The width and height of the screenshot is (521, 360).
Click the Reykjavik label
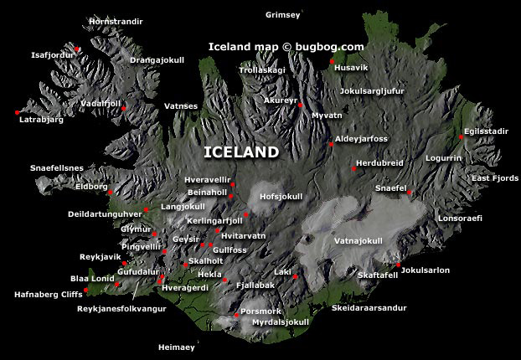click(x=100, y=255)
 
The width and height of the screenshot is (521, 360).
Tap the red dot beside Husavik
click(x=333, y=61)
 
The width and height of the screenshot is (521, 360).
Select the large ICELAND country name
click(x=241, y=152)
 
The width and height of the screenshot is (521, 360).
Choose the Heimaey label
click(x=181, y=346)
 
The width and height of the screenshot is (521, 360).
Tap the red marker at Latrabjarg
click(x=17, y=112)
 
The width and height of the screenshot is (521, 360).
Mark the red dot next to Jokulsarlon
click(x=399, y=265)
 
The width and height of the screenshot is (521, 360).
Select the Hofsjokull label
click(x=281, y=197)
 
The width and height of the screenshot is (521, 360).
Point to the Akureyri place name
click(x=281, y=100)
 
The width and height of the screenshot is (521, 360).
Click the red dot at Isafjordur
click(x=78, y=49)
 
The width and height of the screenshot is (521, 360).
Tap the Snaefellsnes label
click(x=57, y=167)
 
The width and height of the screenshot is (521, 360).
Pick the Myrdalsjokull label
click(x=281, y=322)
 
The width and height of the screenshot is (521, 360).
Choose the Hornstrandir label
click(x=116, y=20)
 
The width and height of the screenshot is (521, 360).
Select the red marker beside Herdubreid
click(x=353, y=168)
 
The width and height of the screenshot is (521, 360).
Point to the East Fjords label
click(x=494, y=178)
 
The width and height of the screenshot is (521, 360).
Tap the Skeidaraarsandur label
click(x=370, y=308)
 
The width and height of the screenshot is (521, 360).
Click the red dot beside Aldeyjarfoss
click(x=332, y=145)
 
